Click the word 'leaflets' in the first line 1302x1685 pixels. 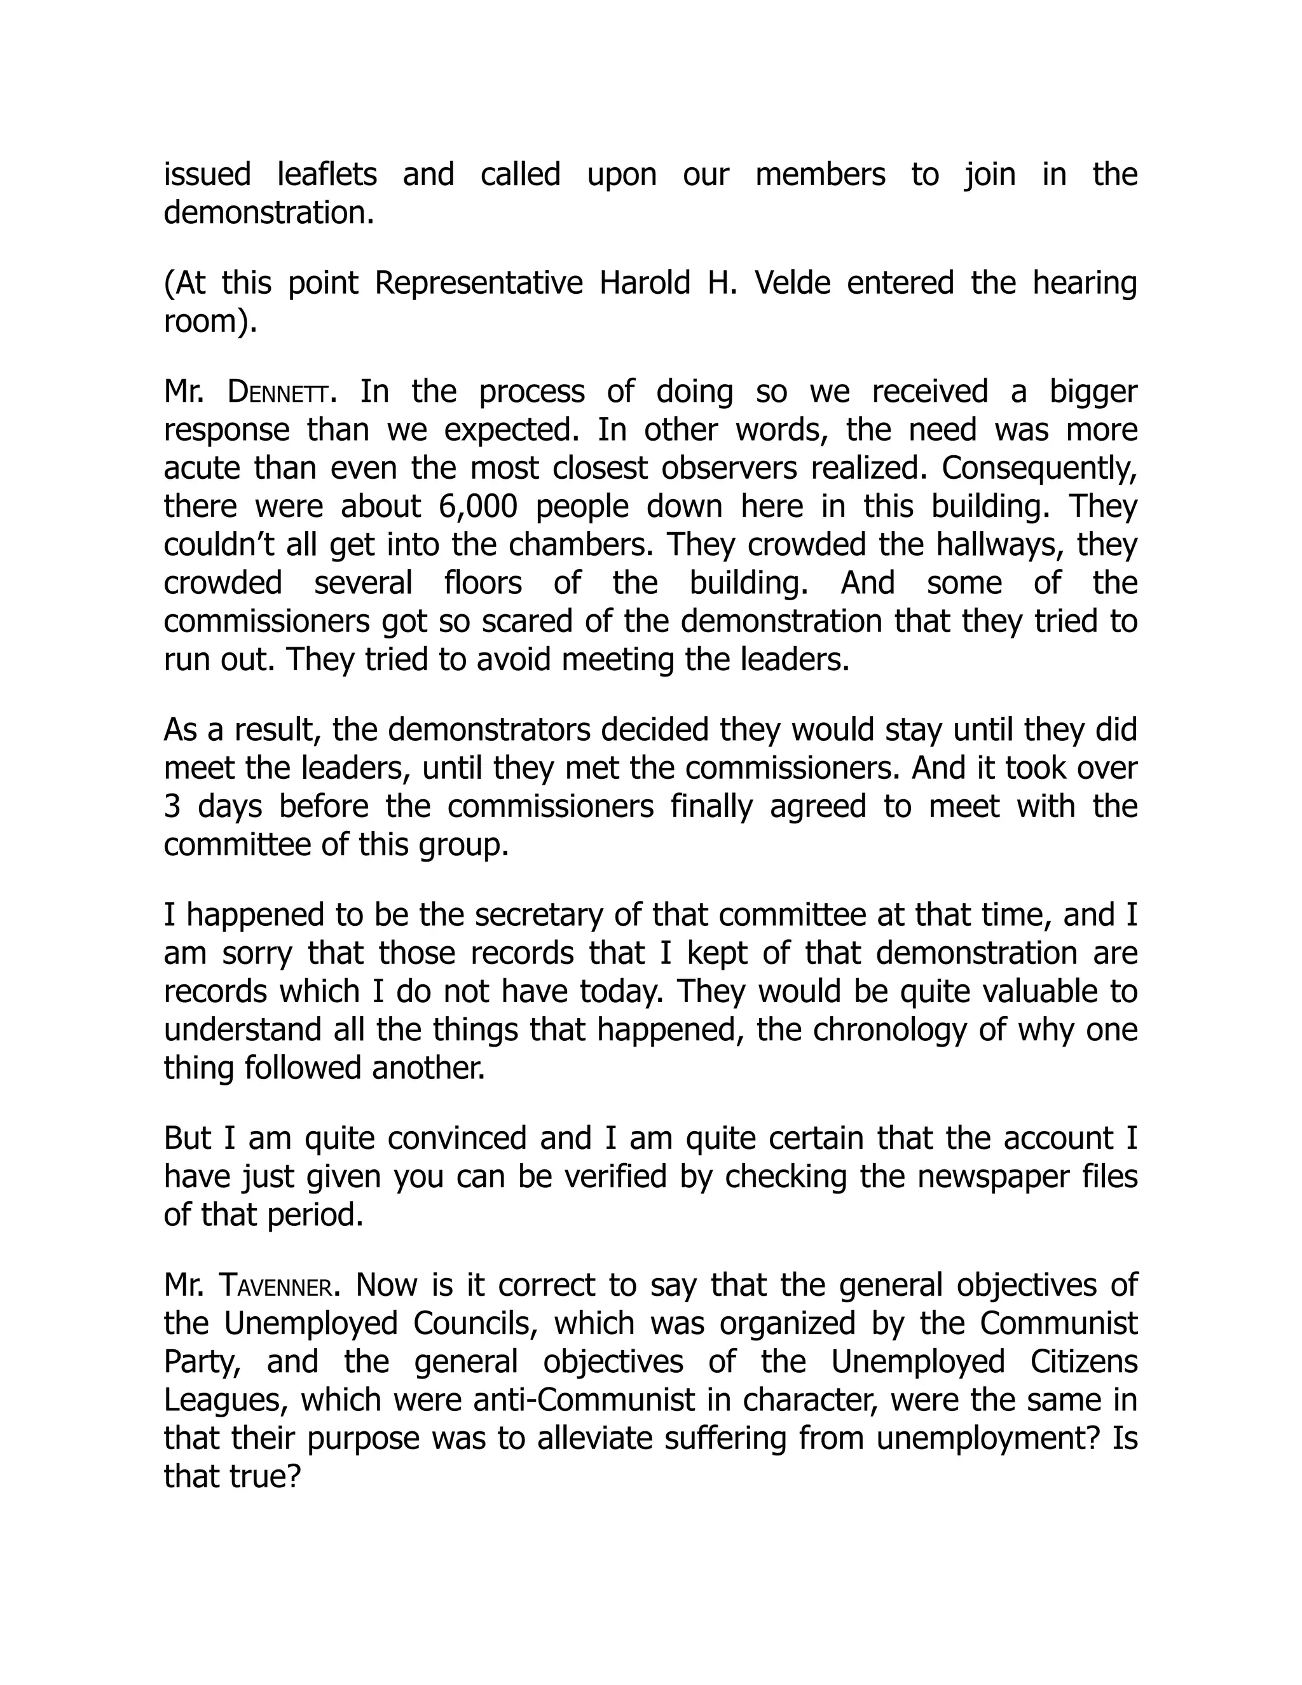(326, 174)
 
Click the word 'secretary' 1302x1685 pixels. (540, 915)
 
